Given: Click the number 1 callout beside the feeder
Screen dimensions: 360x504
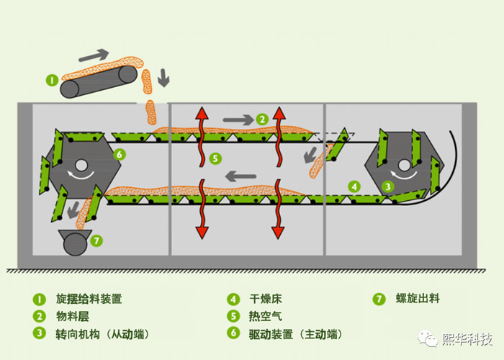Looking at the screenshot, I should click(x=52, y=79).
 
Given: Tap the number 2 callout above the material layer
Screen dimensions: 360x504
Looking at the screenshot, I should click(x=262, y=119).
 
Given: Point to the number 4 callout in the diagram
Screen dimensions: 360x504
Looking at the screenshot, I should click(x=354, y=186).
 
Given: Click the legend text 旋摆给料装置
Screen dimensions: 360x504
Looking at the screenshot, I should click(x=89, y=299).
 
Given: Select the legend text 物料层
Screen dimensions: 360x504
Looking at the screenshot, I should click(x=72, y=316).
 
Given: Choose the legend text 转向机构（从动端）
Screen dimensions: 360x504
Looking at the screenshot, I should click(x=104, y=334).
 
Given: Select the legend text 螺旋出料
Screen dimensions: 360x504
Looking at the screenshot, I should click(x=418, y=299).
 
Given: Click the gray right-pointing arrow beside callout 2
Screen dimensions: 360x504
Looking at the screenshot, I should click(x=238, y=119).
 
